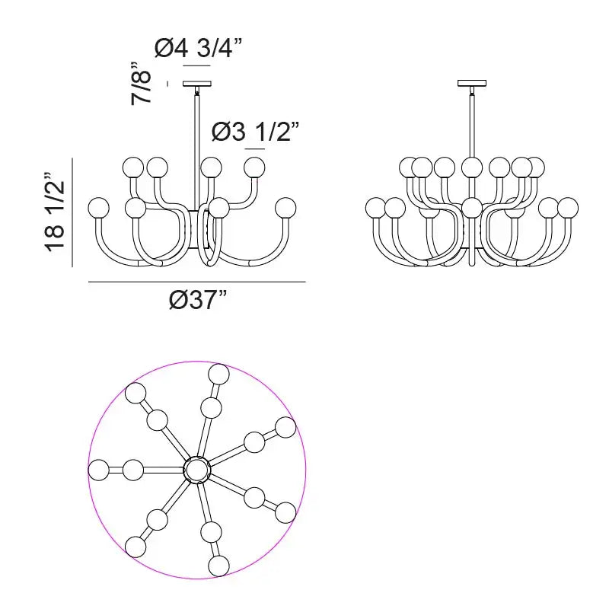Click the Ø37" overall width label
(198, 301)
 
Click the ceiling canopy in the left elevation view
(197, 83)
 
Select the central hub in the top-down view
(197, 470)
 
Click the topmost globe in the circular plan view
(219, 374)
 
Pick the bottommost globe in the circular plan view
(218, 566)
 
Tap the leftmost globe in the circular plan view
(99, 470)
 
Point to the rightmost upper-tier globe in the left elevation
(253, 166)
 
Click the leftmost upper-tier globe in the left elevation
(132, 166)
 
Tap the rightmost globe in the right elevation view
(568, 206)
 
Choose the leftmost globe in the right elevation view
(376, 206)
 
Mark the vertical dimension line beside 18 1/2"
(72, 213)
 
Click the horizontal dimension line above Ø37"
(197, 282)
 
